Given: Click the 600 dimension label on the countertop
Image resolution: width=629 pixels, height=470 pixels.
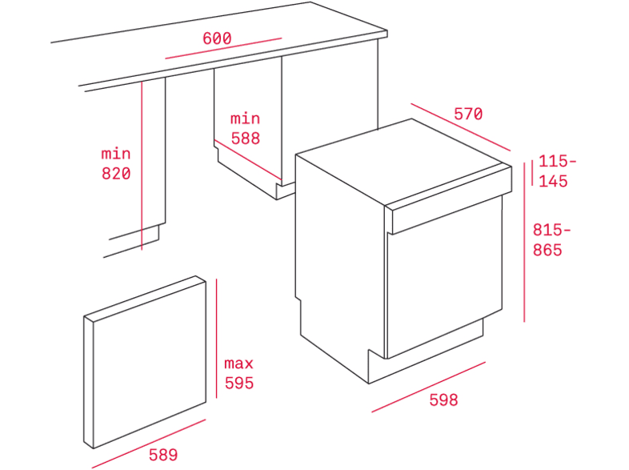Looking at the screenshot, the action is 217,38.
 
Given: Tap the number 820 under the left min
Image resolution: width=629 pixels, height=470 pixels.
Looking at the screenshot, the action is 116,174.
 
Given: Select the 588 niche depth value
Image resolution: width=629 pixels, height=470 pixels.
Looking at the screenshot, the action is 246,139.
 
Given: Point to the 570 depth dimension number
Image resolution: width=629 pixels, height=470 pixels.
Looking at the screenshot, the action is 468,114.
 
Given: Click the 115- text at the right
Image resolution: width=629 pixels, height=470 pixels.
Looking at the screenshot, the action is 557,162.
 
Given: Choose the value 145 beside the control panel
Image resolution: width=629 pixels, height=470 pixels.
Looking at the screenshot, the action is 553,182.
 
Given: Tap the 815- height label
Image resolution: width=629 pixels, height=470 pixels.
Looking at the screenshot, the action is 551,230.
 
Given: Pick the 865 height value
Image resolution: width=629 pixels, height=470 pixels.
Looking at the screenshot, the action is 547,250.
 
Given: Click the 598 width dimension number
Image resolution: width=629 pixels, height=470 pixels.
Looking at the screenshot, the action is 443,400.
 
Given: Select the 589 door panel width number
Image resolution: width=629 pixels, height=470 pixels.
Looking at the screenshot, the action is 163,455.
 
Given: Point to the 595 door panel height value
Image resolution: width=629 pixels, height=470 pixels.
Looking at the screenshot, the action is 239,383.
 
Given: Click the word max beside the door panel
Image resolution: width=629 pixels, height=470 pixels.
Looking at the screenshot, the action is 238,364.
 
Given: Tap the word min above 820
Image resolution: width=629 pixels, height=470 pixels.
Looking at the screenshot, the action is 116,154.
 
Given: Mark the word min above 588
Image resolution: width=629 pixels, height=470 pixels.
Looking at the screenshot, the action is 245,119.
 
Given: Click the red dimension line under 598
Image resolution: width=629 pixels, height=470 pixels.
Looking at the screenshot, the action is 428,387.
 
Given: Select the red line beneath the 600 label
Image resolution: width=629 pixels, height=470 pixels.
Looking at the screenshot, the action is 223,48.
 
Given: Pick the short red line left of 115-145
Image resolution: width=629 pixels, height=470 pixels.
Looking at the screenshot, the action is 532,173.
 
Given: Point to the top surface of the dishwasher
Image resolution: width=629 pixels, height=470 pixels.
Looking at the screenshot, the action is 403,162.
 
